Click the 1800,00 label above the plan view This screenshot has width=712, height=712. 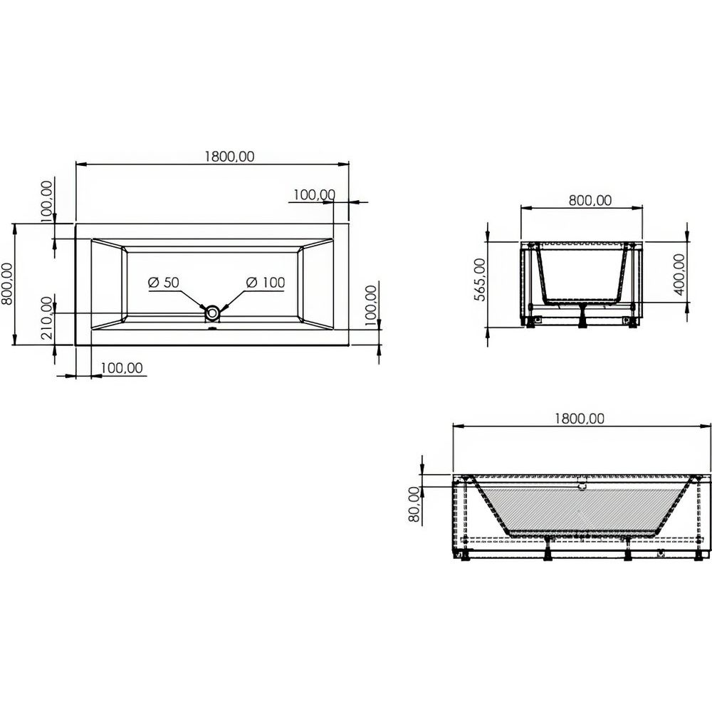point(230,156)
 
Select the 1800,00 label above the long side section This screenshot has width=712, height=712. point(580,418)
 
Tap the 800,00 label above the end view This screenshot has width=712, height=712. point(590,200)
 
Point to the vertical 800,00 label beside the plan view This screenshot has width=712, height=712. point(8,284)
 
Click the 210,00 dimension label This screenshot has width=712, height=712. point(47,318)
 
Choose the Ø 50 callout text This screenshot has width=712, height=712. point(164,283)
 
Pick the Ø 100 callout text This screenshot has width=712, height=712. point(265,283)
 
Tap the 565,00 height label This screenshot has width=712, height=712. point(479,279)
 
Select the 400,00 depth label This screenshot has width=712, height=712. point(679,274)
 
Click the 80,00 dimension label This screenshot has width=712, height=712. point(414,504)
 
